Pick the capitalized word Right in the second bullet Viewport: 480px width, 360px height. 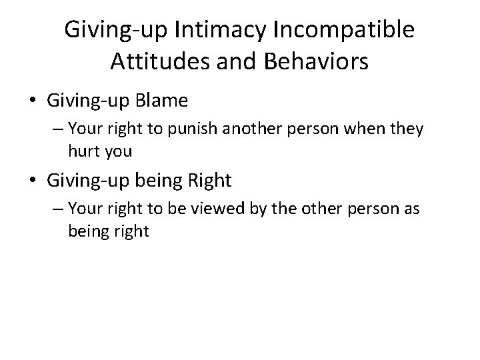(209, 180)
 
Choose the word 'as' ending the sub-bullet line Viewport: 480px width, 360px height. (411, 209)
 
